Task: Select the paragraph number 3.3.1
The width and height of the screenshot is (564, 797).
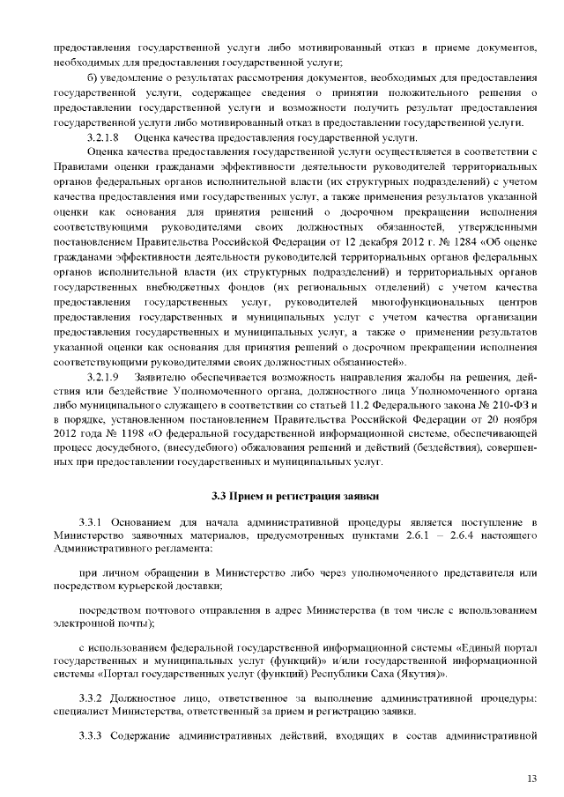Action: pyautogui.click(x=93, y=524)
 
